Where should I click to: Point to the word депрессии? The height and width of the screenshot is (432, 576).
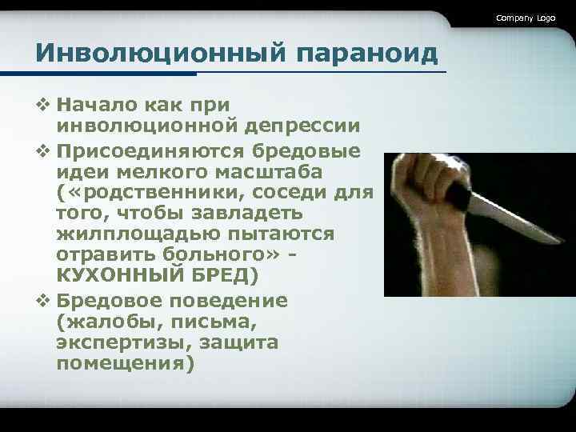pos(307,126)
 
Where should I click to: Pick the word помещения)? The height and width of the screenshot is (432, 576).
pos(125,362)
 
